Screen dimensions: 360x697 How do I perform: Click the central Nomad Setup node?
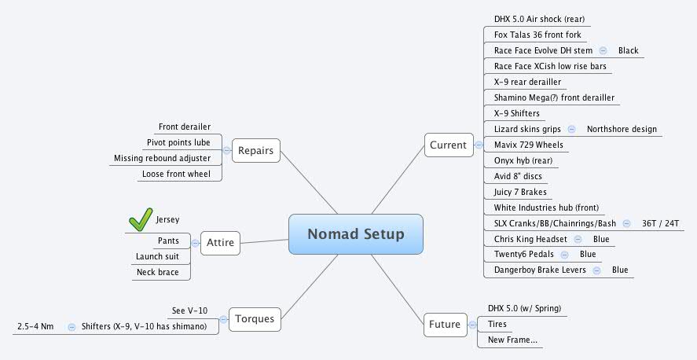(x=355, y=234)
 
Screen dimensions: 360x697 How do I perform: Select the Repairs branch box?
(x=255, y=150)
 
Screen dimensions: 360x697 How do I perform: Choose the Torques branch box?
(x=255, y=319)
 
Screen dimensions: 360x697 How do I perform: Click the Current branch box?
(x=448, y=145)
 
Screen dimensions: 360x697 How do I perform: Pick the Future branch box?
(x=444, y=324)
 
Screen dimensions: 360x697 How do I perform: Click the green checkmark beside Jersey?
(x=140, y=220)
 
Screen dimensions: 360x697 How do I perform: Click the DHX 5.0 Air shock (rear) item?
(x=538, y=19)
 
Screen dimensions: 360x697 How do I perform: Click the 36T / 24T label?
(x=661, y=223)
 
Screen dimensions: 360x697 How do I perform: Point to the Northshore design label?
(x=622, y=129)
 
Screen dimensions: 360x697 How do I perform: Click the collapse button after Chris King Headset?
(x=578, y=239)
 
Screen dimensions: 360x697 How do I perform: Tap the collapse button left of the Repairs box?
(x=226, y=150)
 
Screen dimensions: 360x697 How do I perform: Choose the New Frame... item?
(x=512, y=340)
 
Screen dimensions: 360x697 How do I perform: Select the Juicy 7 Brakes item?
(x=520, y=192)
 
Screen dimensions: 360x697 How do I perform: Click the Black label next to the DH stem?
(x=628, y=50)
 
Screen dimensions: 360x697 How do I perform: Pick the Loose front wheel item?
(x=176, y=174)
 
